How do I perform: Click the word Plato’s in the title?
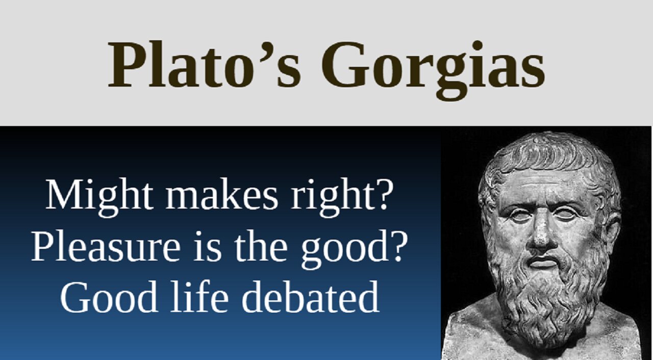point(204,65)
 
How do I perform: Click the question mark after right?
point(383,195)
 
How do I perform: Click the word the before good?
point(260,246)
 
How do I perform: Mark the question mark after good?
point(398,246)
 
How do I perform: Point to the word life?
point(199,297)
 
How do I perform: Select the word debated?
point(310,297)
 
